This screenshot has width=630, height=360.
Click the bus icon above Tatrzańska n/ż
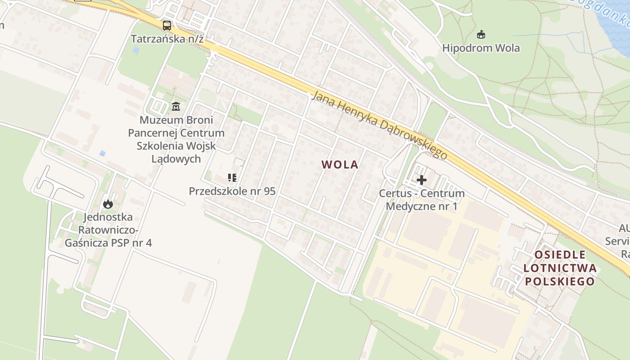(167, 26)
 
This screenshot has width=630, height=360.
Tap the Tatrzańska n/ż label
(167, 39)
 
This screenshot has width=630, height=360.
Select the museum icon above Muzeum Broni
(176, 107)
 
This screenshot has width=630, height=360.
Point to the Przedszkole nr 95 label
(232, 191)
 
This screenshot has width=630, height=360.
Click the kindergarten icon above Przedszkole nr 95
(232, 178)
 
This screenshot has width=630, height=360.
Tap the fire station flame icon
(108, 204)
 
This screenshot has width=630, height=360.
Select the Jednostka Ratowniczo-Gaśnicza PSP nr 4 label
(108, 230)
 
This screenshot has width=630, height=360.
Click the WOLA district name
(340, 165)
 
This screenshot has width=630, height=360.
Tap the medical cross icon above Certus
(422, 180)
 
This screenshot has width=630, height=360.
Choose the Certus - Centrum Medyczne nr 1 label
(422, 200)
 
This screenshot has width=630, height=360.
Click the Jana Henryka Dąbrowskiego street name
(380, 125)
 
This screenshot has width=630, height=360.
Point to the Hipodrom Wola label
(481, 48)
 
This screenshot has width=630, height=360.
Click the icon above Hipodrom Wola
(481, 34)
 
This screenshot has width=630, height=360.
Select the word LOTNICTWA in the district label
(560, 269)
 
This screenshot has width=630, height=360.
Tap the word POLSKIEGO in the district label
(560, 282)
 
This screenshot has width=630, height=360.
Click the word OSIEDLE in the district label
(560, 255)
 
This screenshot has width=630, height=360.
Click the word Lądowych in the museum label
(176, 159)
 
